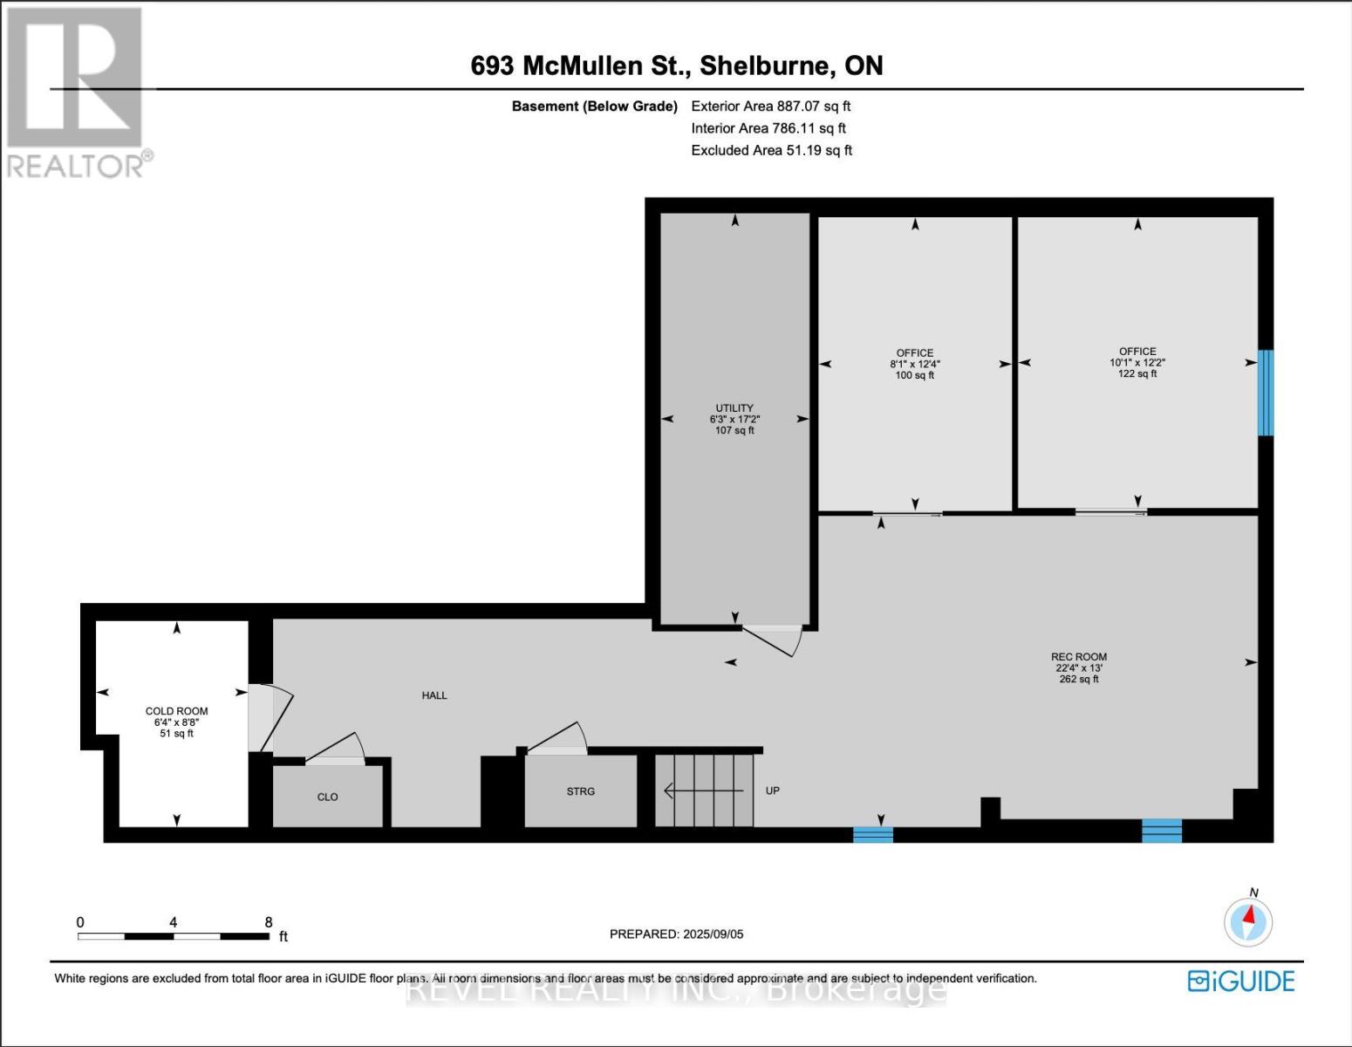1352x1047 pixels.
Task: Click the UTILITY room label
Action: (734, 408)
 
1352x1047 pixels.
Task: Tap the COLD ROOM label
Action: (176, 711)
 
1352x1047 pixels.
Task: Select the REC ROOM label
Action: (1078, 657)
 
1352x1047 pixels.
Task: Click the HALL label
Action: (434, 695)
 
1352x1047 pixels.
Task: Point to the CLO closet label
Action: (327, 797)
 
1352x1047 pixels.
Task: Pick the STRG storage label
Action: (580, 791)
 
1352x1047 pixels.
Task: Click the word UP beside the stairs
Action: (772, 790)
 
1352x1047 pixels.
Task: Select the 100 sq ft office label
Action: (914, 364)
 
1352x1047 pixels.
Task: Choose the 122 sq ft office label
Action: (1137, 362)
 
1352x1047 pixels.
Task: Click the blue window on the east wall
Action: (1265, 393)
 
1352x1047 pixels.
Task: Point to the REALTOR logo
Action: (77, 92)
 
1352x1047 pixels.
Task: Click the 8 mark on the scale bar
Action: (269, 922)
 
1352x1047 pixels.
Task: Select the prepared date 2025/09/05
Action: (676, 934)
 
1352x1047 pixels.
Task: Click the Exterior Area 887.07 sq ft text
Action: (770, 106)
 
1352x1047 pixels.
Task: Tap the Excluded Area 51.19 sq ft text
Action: (771, 150)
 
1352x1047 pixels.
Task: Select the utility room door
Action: (772, 639)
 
